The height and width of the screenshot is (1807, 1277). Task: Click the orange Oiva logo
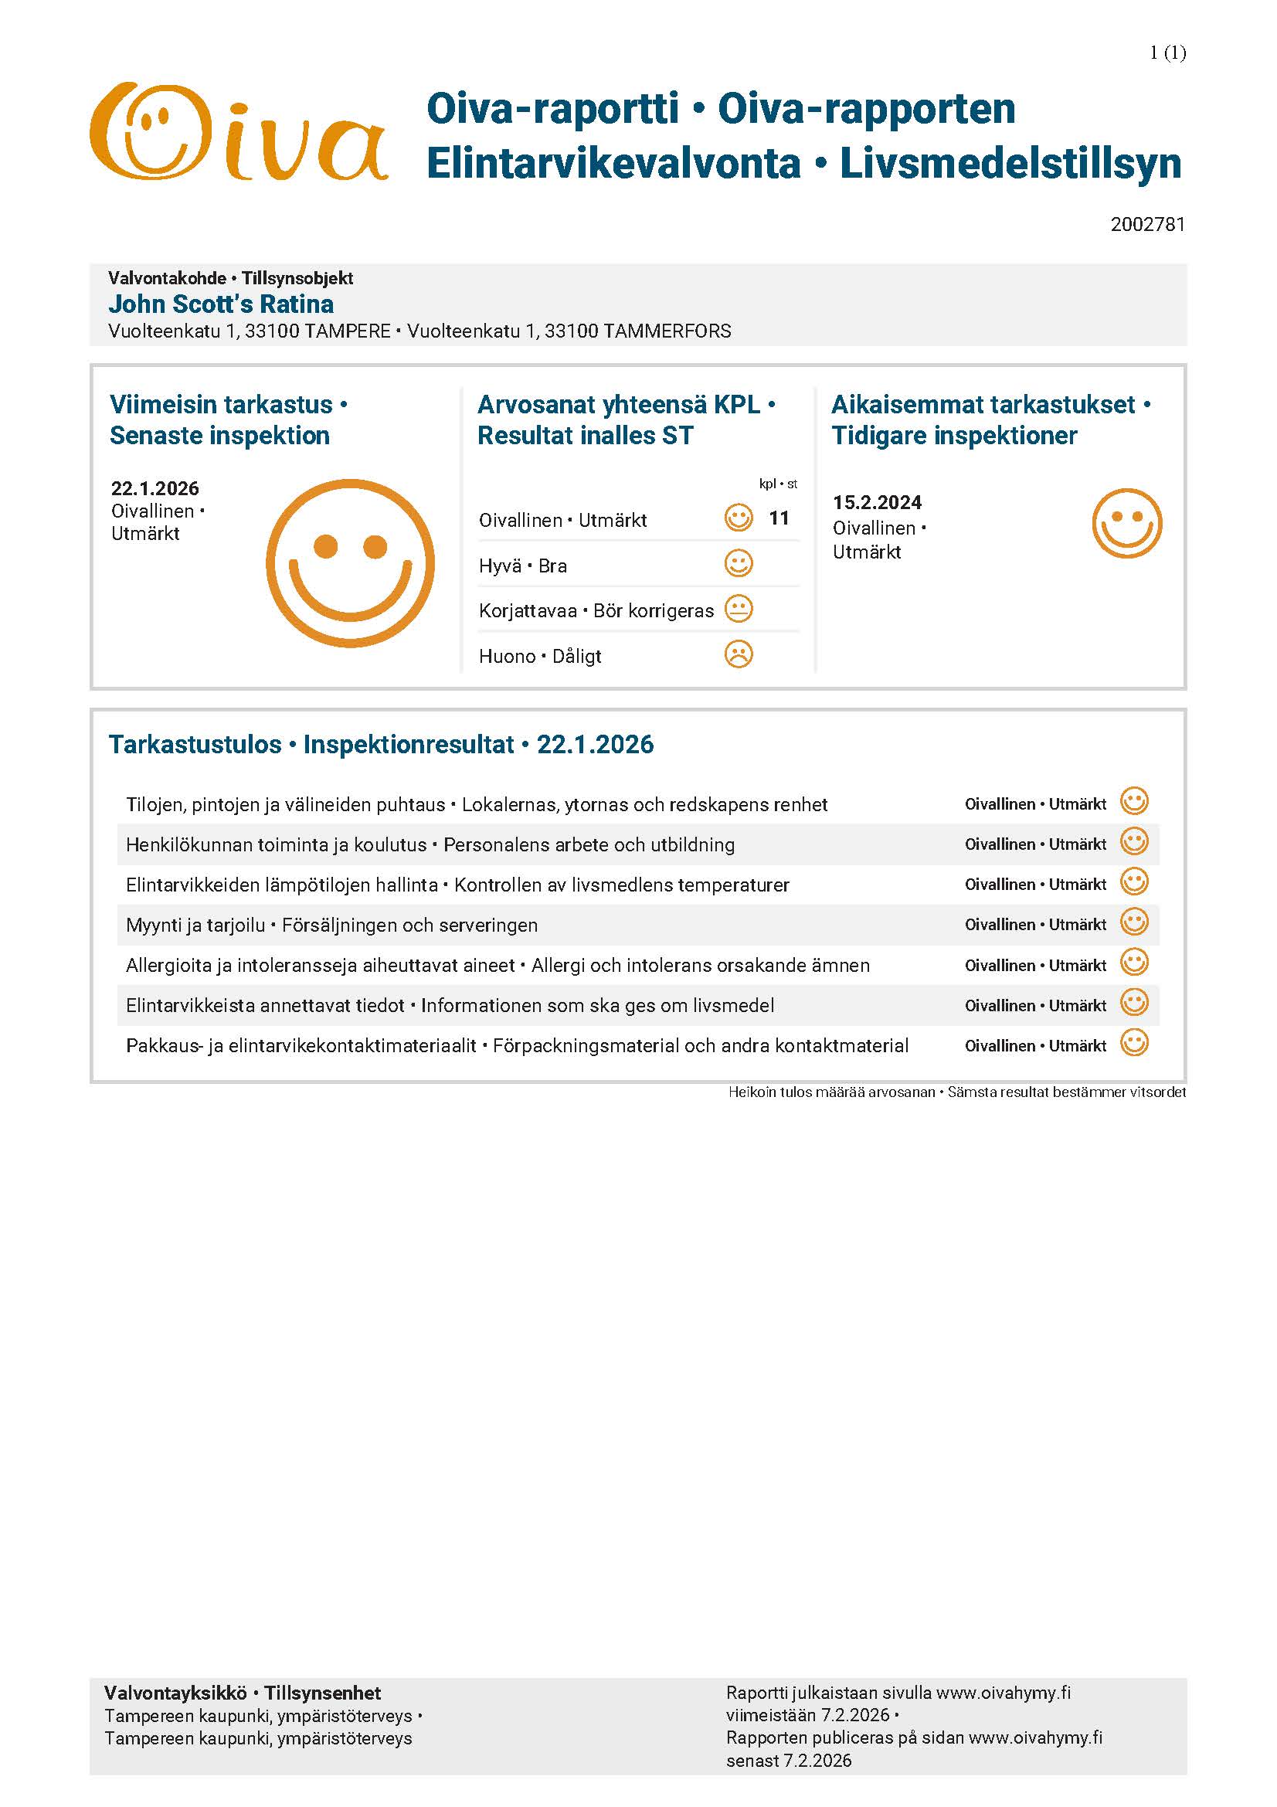point(239,132)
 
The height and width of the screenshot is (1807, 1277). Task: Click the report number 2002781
point(1147,225)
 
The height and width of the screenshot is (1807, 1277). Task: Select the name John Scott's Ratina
point(221,304)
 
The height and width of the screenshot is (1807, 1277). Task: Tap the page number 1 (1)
point(1167,53)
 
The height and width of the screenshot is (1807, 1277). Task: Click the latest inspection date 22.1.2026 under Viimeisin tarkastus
point(155,489)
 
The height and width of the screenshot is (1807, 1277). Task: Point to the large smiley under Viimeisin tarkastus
point(350,563)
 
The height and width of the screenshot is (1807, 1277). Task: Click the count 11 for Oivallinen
point(779,518)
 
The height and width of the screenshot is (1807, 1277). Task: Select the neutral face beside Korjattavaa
point(738,609)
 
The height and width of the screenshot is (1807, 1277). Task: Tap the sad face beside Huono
point(738,655)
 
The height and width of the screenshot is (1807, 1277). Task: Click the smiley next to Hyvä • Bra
point(738,564)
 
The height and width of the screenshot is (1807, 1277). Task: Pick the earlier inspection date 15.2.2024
point(878,503)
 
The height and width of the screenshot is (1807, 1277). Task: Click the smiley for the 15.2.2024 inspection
point(1126,524)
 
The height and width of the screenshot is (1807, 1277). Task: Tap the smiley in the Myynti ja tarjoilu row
point(1134,922)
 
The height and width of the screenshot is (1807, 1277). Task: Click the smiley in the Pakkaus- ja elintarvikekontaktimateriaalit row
point(1134,1044)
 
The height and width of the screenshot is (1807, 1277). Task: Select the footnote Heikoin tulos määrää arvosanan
point(832,1092)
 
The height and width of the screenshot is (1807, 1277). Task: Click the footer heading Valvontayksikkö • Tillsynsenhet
point(243,1693)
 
